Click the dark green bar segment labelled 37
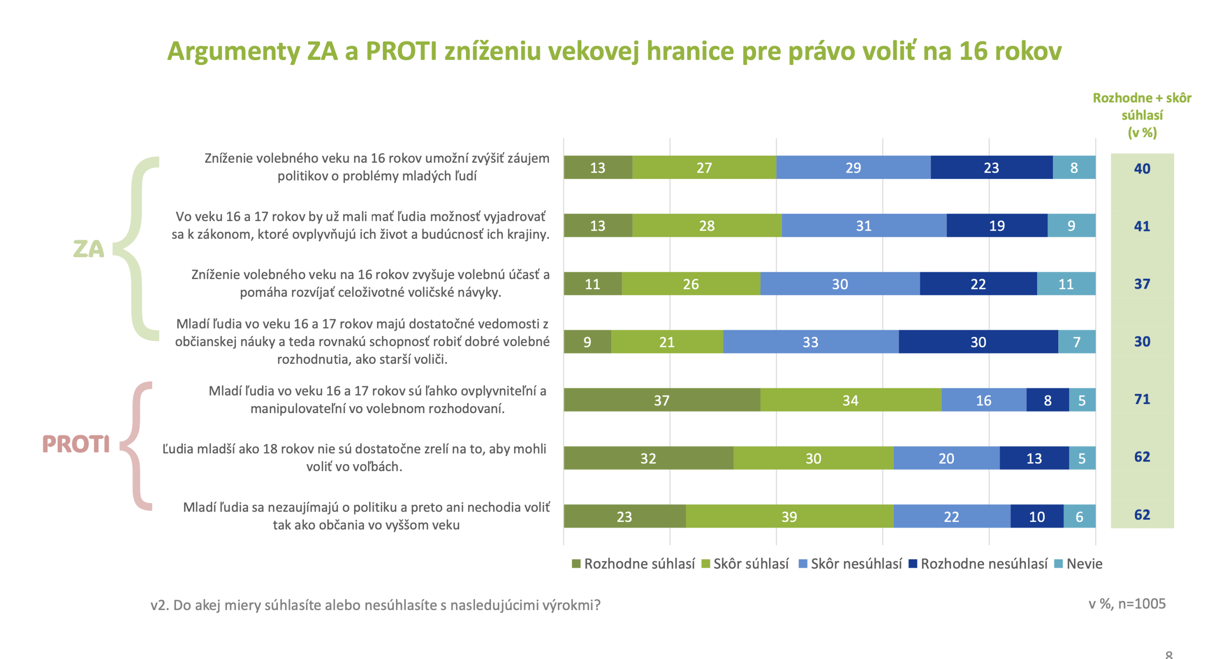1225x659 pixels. coord(661,400)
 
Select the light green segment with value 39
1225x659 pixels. coord(789,517)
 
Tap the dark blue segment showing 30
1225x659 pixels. coord(978,342)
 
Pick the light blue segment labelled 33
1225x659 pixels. coord(811,342)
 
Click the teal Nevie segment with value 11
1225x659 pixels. coord(1066,284)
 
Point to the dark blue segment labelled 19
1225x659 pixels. coord(997,225)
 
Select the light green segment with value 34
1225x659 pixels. coord(850,400)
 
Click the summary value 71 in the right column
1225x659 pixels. coord(1142,399)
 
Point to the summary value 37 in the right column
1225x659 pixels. coord(1142,284)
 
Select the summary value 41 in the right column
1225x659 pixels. coord(1142,226)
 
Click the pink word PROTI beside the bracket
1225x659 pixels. coord(76,444)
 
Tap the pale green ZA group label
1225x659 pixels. coord(89,249)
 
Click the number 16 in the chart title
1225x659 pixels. coord(972,51)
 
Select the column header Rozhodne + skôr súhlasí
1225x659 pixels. coord(1142,115)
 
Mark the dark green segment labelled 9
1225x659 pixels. coord(587,342)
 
